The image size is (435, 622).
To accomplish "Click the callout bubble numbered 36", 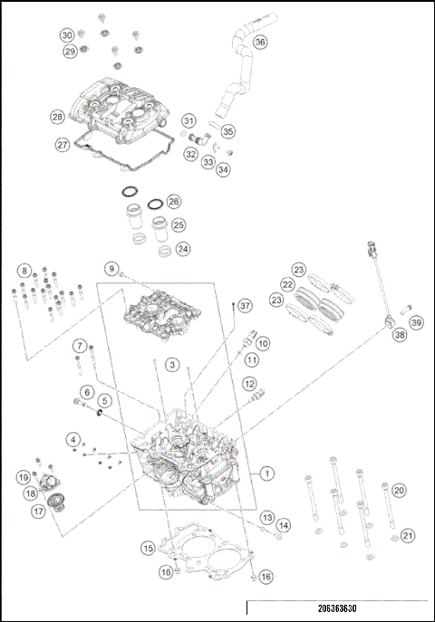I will click(x=260, y=43).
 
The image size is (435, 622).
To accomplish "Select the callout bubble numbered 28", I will click(x=57, y=117).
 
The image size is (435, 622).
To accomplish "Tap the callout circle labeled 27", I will click(x=63, y=144).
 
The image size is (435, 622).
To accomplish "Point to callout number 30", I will click(x=67, y=35).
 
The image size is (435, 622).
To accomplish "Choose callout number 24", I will click(x=183, y=247).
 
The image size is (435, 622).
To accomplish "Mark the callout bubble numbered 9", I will click(x=111, y=269).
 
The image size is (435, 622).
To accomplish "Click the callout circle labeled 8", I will click(x=24, y=270).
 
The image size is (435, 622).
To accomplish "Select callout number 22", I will click(x=286, y=284).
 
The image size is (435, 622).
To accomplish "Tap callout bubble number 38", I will click(x=400, y=334).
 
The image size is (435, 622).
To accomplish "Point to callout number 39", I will click(x=416, y=322).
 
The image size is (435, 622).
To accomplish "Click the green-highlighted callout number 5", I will click(x=104, y=399).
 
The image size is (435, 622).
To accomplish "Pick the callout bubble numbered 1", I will click(x=266, y=473).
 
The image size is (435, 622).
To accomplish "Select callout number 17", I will click(x=39, y=511).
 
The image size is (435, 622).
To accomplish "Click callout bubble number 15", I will click(x=147, y=548).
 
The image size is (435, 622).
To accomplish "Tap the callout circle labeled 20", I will click(x=399, y=490).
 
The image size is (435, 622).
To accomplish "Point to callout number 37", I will click(x=244, y=307).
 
